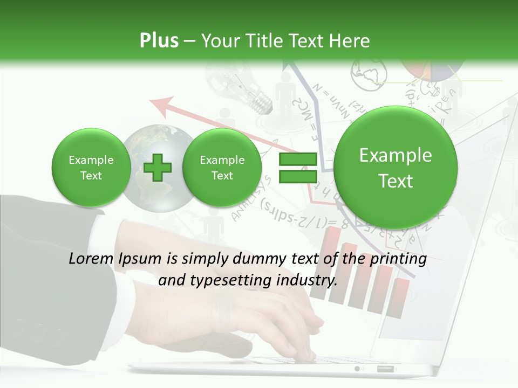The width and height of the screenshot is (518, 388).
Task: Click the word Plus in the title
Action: pos(159,41)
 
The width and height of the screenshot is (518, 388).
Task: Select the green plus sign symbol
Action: pos(158,168)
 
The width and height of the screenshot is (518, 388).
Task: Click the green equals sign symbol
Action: pos(297,168)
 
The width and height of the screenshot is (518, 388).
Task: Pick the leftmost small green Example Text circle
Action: pos(91,168)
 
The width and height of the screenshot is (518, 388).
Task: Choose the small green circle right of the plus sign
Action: pos(222,168)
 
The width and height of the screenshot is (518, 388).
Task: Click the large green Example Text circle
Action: pos(396,168)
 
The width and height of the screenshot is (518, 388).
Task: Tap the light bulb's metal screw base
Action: pos(263,102)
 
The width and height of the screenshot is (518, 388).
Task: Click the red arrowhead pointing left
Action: pos(162,104)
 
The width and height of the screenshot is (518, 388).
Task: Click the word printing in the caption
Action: pos(400,259)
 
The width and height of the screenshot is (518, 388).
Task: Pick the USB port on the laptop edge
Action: pos(385,369)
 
